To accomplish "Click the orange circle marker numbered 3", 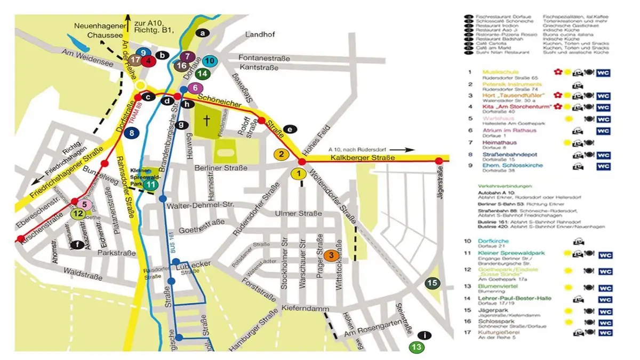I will (331, 255).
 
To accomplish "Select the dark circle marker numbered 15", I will (432, 284).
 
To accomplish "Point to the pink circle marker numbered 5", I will (84, 203).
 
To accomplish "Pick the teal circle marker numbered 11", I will (151, 185).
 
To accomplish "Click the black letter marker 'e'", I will (290, 129).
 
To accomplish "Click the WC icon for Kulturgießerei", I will (604, 333).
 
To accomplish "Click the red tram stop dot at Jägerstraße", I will (439, 161).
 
